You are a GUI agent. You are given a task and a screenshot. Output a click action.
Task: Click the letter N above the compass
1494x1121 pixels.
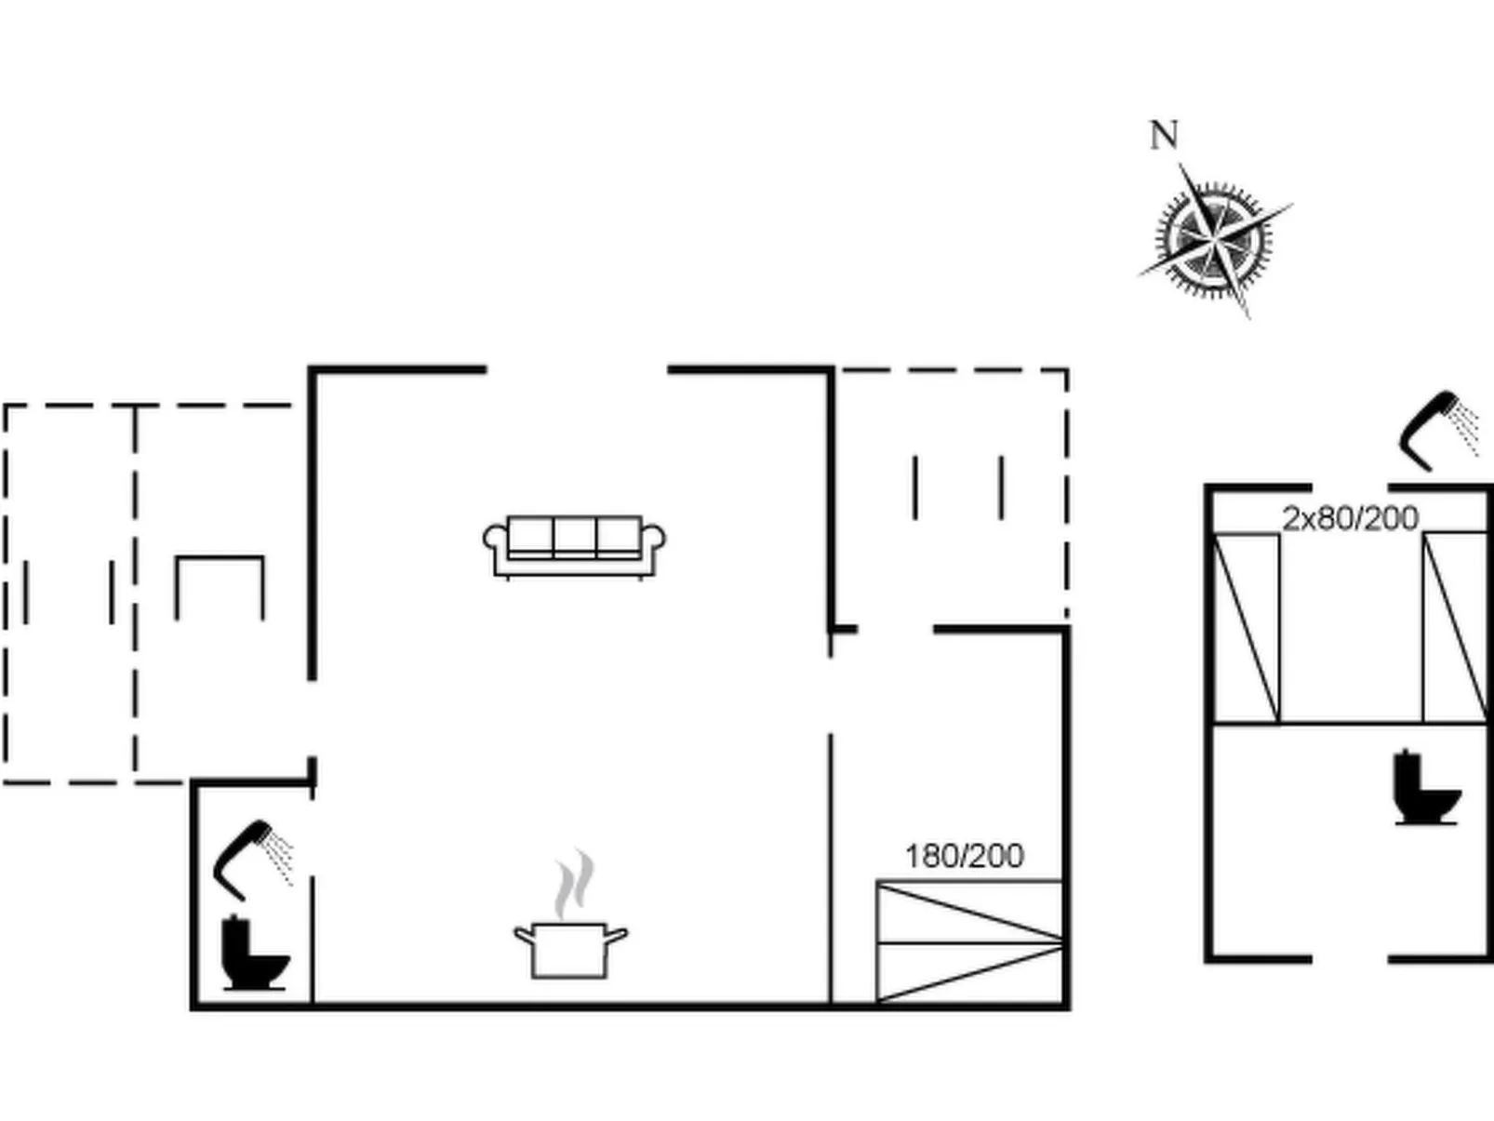point(1164,135)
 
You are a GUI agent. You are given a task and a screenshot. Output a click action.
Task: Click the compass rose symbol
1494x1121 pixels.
point(1215,240)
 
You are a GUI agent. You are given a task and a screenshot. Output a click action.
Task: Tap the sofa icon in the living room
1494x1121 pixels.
point(574,547)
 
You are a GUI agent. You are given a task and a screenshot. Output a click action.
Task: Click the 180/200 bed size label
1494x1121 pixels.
point(965,856)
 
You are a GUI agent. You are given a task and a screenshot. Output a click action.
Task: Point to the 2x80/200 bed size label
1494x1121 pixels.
point(1351,519)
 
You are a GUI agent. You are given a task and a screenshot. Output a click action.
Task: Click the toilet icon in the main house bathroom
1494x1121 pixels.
point(255,953)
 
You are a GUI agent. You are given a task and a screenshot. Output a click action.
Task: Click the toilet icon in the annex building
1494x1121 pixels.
point(1426,787)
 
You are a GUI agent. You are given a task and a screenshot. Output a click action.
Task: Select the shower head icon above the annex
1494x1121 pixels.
point(1438,431)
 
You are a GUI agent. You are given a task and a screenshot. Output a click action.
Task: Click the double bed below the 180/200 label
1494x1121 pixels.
point(970,942)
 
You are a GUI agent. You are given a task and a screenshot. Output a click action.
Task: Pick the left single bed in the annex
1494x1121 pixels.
point(1247,628)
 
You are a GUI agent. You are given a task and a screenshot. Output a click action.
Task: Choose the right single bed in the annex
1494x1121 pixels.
point(1455,627)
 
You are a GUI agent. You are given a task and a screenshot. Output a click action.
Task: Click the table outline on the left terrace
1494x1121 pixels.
point(220,588)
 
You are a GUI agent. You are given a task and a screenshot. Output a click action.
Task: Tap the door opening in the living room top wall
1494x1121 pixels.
point(577,369)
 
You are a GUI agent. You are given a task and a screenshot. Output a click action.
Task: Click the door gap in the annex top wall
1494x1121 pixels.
point(1351,487)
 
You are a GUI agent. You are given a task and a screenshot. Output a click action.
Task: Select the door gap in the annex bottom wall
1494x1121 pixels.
point(1351,960)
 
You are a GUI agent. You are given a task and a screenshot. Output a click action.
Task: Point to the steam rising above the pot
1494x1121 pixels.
point(573,884)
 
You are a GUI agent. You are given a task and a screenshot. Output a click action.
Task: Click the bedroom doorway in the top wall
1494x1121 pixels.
point(895,630)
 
